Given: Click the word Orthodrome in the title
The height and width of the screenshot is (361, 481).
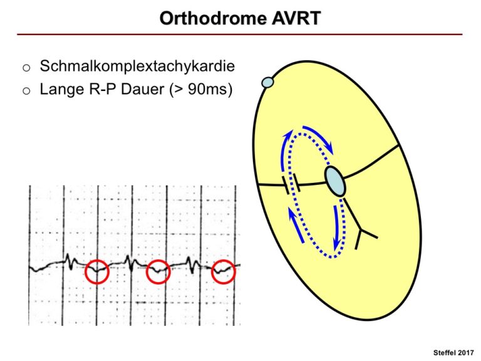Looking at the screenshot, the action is [x=213, y=18].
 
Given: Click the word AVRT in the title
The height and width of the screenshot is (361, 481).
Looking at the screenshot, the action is [x=296, y=18].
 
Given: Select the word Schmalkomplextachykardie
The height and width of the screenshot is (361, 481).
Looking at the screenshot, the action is [x=137, y=66].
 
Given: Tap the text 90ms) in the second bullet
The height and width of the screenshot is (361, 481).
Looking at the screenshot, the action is [x=210, y=90].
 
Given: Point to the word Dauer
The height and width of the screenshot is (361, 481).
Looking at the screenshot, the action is [x=143, y=90].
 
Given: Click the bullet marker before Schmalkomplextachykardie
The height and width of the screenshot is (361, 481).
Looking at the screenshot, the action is [x=26, y=68].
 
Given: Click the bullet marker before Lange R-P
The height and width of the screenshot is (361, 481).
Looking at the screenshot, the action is [x=26, y=90].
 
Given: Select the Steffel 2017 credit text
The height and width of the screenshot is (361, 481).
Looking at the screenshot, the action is [x=453, y=353].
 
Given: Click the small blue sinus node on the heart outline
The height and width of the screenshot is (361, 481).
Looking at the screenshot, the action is [x=267, y=82].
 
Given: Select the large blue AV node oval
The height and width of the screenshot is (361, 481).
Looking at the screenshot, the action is [x=335, y=181].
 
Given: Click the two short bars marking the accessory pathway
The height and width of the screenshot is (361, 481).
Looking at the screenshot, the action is [x=291, y=184].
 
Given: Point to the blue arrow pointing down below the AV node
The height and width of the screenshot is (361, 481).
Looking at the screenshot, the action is [x=338, y=228].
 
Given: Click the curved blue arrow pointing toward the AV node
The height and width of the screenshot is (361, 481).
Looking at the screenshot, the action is [x=319, y=137].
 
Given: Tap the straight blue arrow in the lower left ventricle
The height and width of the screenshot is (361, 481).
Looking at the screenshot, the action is [x=296, y=225].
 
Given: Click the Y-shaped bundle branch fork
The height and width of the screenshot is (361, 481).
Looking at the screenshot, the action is [x=362, y=229].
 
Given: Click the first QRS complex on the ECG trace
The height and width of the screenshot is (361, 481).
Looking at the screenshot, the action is [x=71, y=261].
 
